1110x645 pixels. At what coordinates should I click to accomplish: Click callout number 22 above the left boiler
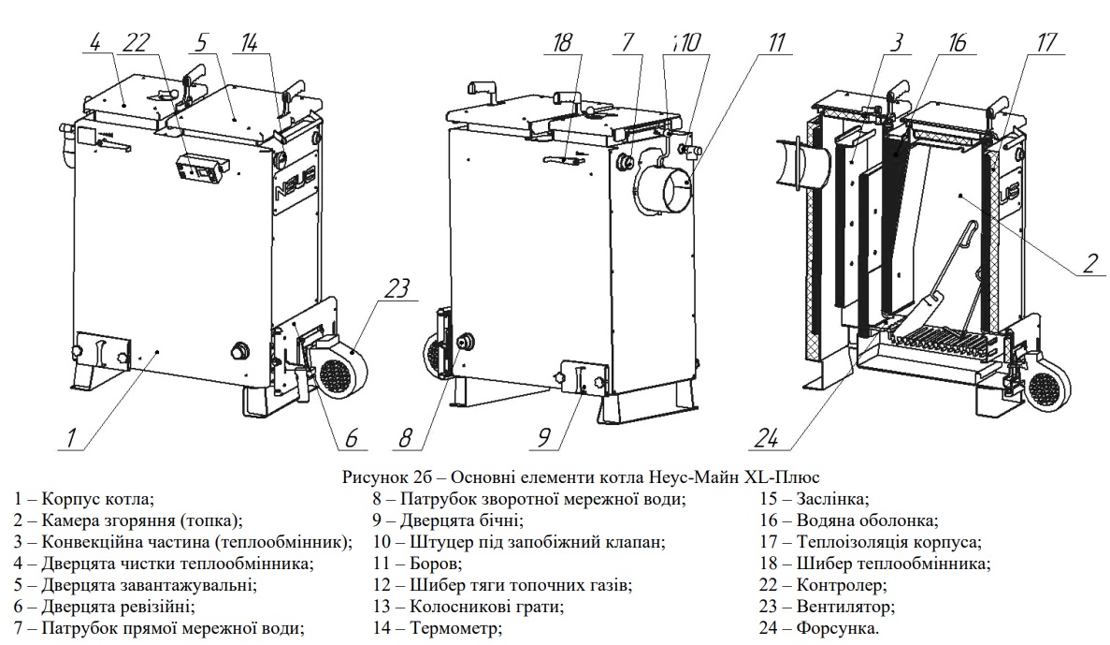(x=136, y=43)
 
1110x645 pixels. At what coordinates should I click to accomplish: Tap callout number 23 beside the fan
(x=396, y=289)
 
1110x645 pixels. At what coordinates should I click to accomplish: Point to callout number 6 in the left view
(x=351, y=436)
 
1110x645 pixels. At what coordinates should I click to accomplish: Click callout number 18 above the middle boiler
(x=561, y=43)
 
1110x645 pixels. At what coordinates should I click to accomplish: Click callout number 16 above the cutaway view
(x=955, y=43)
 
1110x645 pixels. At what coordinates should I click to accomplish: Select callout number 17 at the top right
(x=1046, y=43)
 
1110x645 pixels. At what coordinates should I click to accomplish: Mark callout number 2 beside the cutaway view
(x=1088, y=263)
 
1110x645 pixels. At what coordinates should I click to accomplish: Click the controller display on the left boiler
(x=203, y=169)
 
